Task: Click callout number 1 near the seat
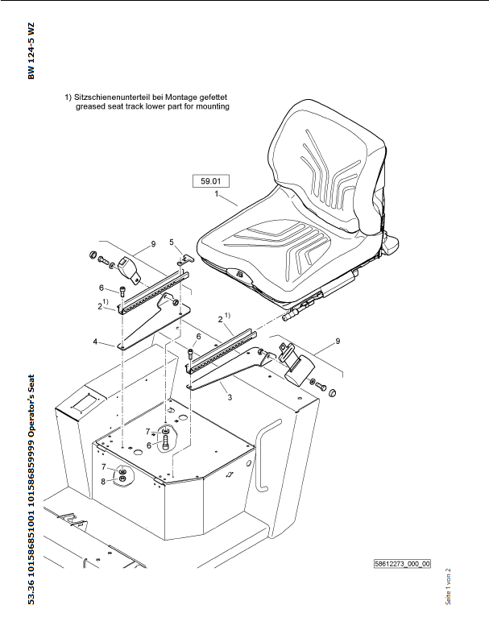click(217, 194)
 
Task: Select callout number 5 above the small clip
click(171, 242)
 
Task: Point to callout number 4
click(95, 342)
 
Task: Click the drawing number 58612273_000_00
click(403, 564)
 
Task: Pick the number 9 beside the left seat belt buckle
click(151, 242)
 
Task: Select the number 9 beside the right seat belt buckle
click(338, 341)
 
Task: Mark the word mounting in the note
click(212, 106)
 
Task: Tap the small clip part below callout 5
click(184, 259)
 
